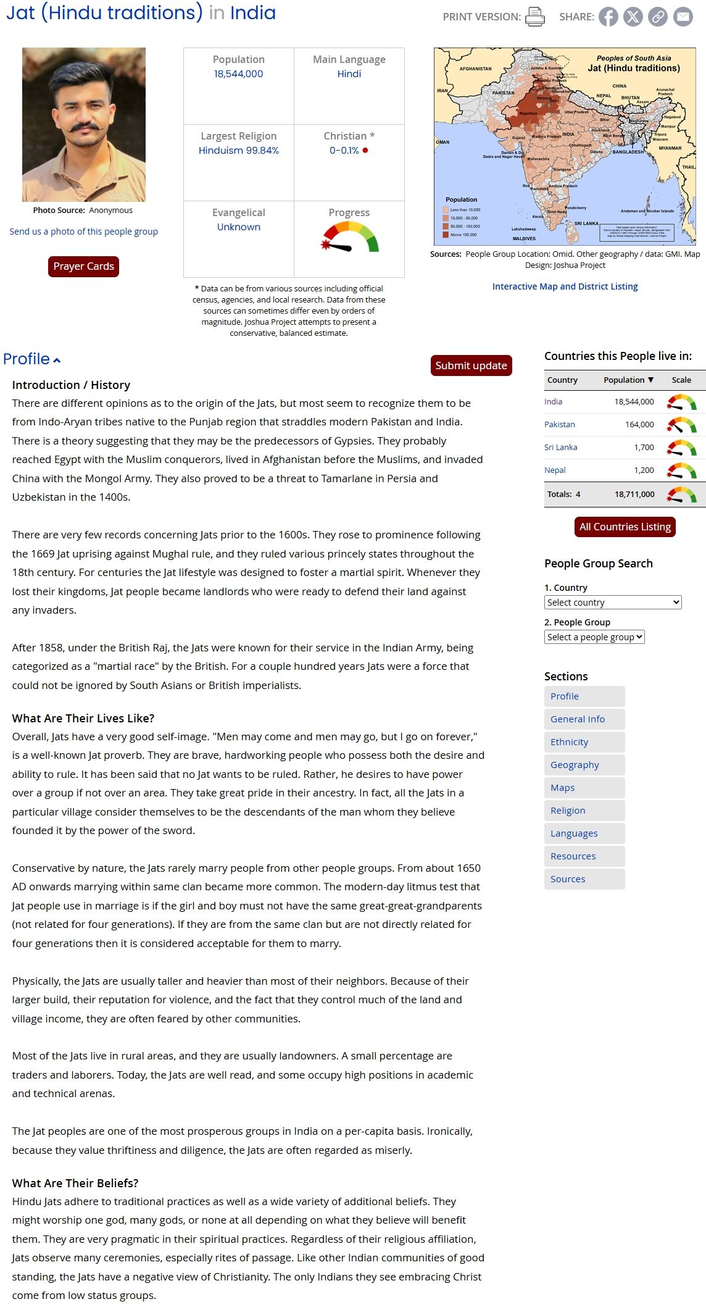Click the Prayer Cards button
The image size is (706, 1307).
[x=83, y=267]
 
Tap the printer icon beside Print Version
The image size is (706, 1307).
[x=534, y=17]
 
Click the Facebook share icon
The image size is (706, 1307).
[x=608, y=17]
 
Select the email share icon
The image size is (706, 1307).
[x=683, y=17]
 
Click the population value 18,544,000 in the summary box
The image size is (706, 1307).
[x=238, y=74]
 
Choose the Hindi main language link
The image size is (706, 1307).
[x=349, y=74]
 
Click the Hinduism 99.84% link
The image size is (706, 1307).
[x=238, y=151]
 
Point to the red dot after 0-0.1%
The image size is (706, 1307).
[x=365, y=151]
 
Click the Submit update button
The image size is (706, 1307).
[x=471, y=365]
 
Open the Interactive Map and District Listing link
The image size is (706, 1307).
[x=565, y=286]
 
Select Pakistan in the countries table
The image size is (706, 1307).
[x=559, y=425]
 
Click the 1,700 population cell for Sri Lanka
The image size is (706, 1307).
[x=644, y=448]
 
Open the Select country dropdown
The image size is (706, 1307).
[x=613, y=603]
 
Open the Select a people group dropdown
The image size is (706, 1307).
[x=594, y=637]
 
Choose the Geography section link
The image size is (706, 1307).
[x=575, y=765]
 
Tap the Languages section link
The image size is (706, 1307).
[x=574, y=833]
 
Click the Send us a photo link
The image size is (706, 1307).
[x=83, y=232]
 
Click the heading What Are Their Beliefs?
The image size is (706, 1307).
[x=75, y=1183]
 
